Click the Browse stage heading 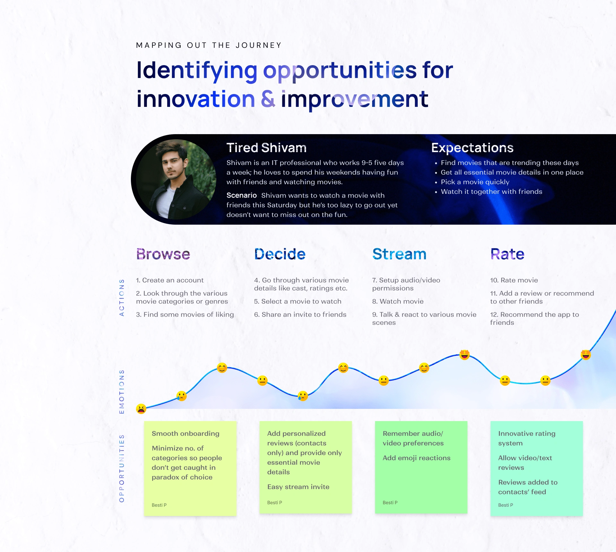tap(163, 254)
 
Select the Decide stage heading tap(280, 254)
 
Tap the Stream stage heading tap(399, 254)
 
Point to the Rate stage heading tap(507, 254)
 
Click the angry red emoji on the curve tap(141, 409)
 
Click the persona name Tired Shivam tap(266, 148)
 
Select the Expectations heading tap(472, 148)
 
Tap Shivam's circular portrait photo tap(176, 179)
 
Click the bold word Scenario tap(242, 195)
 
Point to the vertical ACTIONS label tap(122, 298)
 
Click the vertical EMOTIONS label tap(122, 392)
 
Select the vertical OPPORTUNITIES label tap(122, 469)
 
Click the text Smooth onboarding tap(185, 434)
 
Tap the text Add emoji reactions tap(416, 458)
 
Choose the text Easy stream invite tap(298, 487)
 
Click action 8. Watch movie tap(398, 301)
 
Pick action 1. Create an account tap(170, 280)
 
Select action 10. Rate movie tap(514, 280)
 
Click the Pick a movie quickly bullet tap(475, 182)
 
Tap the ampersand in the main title tap(268, 99)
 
